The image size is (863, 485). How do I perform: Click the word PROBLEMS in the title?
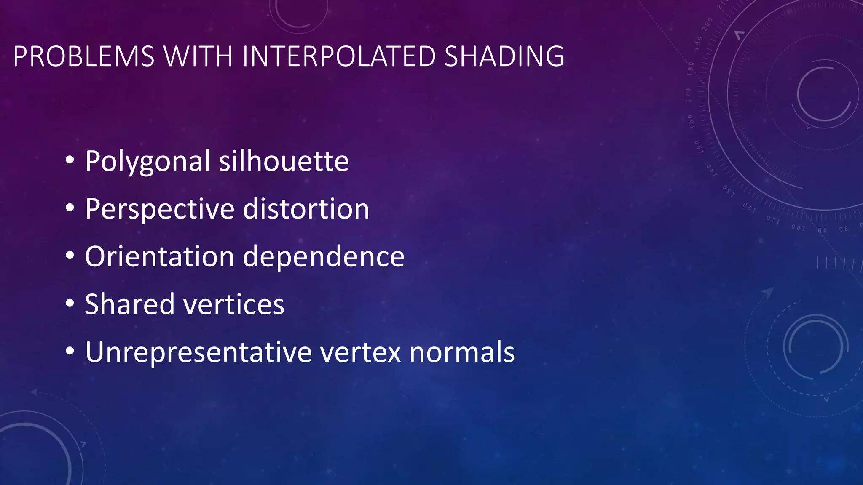84,56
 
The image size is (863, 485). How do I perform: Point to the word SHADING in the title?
504,56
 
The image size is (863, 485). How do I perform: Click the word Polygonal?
147,162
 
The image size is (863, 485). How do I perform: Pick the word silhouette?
284,161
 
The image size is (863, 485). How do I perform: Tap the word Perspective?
160,209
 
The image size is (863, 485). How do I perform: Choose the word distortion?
306,209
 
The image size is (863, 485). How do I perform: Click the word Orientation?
160,256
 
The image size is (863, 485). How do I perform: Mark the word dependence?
324,256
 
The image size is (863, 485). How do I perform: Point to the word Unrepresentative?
198,352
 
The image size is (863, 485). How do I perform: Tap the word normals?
462,352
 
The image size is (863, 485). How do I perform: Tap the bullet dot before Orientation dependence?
70,256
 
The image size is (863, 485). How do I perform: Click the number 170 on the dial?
688,95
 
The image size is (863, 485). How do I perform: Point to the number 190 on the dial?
698,43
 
